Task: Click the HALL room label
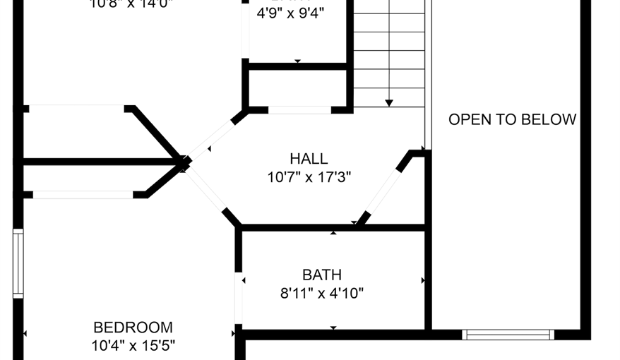(309, 159)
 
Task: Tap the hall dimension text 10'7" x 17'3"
(309, 177)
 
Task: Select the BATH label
(322, 275)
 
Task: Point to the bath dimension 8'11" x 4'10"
(322, 293)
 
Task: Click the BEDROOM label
(133, 328)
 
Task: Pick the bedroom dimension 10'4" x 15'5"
(133, 345)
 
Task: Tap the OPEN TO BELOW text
(512, 119)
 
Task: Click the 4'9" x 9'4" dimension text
(290, 13)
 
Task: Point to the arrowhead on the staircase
(388, 103)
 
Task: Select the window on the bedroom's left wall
(18, 263)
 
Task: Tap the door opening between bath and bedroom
(239, 298)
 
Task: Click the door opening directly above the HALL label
(299, 110)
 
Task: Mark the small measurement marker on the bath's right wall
(423, 280)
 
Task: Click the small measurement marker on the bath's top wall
(333, 232)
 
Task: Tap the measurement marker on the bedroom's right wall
(233, 333)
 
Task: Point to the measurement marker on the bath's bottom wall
(333, 328)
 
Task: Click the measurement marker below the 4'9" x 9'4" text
(297, 61)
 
